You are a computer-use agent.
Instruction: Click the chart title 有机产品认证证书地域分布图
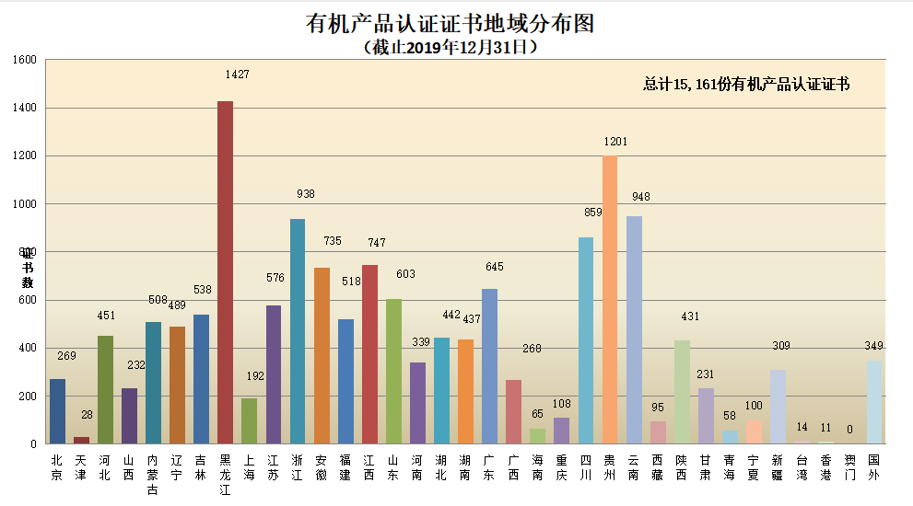[450, 23]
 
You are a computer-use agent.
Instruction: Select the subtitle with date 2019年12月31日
[451, 47]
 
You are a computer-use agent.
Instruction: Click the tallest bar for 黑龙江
[225, 272]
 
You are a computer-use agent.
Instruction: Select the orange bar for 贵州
[609, 300]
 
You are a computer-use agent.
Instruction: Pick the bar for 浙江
[298, 331]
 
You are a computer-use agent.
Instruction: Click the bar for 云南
[634, 330]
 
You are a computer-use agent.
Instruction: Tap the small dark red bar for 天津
[81, 440]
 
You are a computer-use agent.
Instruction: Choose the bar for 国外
[873, 402]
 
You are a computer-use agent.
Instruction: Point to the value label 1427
[237, 75]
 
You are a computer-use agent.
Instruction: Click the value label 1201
[615, 142]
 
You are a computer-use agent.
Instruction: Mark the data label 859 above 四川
[591, 212]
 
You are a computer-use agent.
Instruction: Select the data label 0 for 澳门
[849, 429]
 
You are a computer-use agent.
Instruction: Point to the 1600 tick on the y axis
[25, 61]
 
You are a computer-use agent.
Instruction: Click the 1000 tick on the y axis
[25, 204]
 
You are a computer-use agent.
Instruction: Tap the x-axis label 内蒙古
[153, 475]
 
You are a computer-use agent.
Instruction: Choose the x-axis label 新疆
[778, 467]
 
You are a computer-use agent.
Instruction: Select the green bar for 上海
[249, 420]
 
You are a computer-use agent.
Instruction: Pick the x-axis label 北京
[57, 467]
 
